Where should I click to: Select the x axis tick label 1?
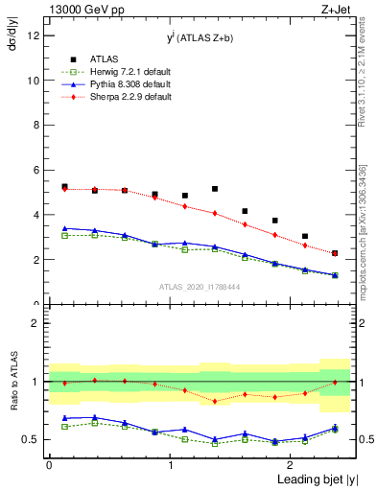point(170,464)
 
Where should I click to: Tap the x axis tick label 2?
point(292,464)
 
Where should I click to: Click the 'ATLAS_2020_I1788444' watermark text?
point(200,286)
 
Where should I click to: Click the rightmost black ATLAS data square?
point(335,253)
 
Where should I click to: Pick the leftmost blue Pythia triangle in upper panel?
point(64,228)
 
